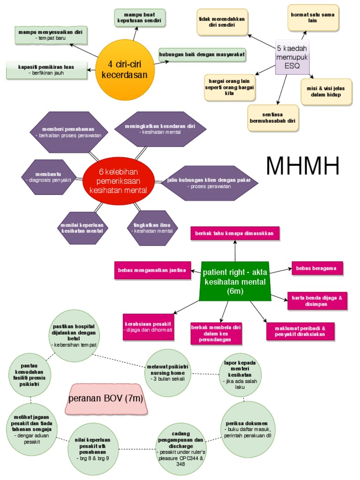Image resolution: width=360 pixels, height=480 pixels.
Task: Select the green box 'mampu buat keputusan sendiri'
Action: click(140, 18)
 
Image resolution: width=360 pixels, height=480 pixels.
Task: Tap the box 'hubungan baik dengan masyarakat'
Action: click(202, 54)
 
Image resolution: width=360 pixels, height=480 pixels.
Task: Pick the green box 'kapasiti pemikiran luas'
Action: click(46, 70)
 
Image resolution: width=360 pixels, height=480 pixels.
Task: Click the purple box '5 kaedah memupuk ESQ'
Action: click(292, 57)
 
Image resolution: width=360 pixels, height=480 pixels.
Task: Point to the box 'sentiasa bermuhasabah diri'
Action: click(272, 117)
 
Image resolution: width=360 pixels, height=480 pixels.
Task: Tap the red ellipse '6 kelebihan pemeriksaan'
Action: click(121, 180)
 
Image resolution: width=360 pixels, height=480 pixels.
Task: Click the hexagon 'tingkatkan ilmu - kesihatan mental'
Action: click(152, 228)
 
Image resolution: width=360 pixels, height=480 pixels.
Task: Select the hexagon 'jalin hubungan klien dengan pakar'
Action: click(209, 183)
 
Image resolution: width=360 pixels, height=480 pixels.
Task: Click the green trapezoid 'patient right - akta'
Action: click(235, 281)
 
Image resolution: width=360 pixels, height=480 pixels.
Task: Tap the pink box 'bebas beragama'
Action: click(317, 269)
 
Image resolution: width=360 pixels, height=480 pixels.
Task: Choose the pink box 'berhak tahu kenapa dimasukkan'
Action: click(235, 233)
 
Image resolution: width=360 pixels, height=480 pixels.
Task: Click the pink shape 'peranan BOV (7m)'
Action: click(105, 399)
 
